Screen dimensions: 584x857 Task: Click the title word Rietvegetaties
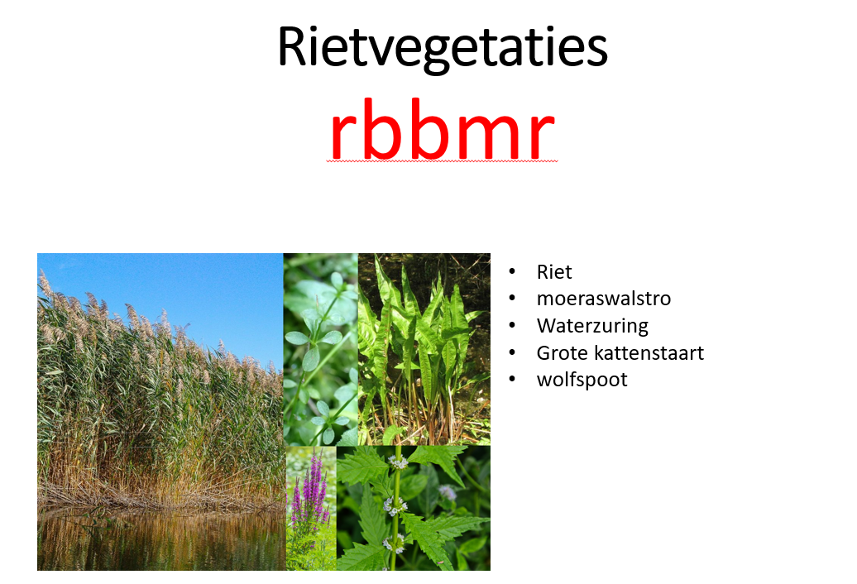(x=442, y=48)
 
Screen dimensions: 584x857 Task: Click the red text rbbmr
(x=441, y=132)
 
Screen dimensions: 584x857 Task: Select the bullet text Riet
(x=554, y=272)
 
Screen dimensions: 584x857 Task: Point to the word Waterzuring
(x=592, y=326)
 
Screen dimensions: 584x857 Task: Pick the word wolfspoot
(x=582, y=380)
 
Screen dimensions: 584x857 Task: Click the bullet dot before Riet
(x=513, y=272)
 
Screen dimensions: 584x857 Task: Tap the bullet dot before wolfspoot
(x=513, y=380)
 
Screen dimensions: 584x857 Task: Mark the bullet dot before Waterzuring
(x=513, y=326)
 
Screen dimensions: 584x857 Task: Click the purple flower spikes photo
(x=311, y=508)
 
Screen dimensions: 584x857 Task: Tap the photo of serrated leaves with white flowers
(x=414, y=508)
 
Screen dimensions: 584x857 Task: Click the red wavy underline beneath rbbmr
(x=441, y=161)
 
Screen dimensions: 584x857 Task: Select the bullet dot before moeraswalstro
(x=513, y=299)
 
